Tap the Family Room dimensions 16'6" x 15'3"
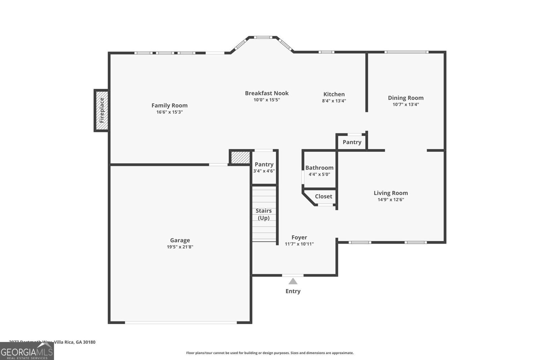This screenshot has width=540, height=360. tap(169, 112)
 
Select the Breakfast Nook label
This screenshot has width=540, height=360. tap(267, 93)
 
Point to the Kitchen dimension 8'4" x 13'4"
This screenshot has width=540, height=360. tap(334, 101)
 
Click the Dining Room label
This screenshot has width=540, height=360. tap(405, 98)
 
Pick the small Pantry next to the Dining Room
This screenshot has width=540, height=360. tap(352, 142)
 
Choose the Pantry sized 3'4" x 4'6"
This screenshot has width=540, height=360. tap(264, 171)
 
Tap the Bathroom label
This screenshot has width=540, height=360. tap(319, 168)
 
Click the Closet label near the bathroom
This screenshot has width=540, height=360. tap(323, 196)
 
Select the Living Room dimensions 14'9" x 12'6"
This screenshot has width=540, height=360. tap(390, 199)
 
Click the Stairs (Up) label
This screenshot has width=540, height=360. tap(264, 214)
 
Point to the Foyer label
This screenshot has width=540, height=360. tap(299, 238)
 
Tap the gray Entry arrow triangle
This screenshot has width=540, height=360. tap(293, 281)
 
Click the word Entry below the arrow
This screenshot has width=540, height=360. tap(293, 291)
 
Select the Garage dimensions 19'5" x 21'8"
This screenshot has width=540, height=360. tap(180, 247)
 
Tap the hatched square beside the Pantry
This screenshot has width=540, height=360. tap(240, 158)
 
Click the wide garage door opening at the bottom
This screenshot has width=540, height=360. tap(181, 323)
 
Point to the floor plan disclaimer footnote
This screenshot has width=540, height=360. tap(270, 353)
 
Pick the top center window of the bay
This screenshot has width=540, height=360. tap(263, 37)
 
